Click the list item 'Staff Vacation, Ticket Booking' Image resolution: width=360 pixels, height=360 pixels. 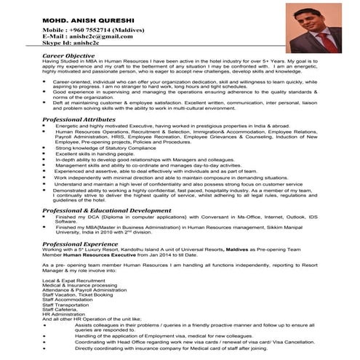click(78, 295)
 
